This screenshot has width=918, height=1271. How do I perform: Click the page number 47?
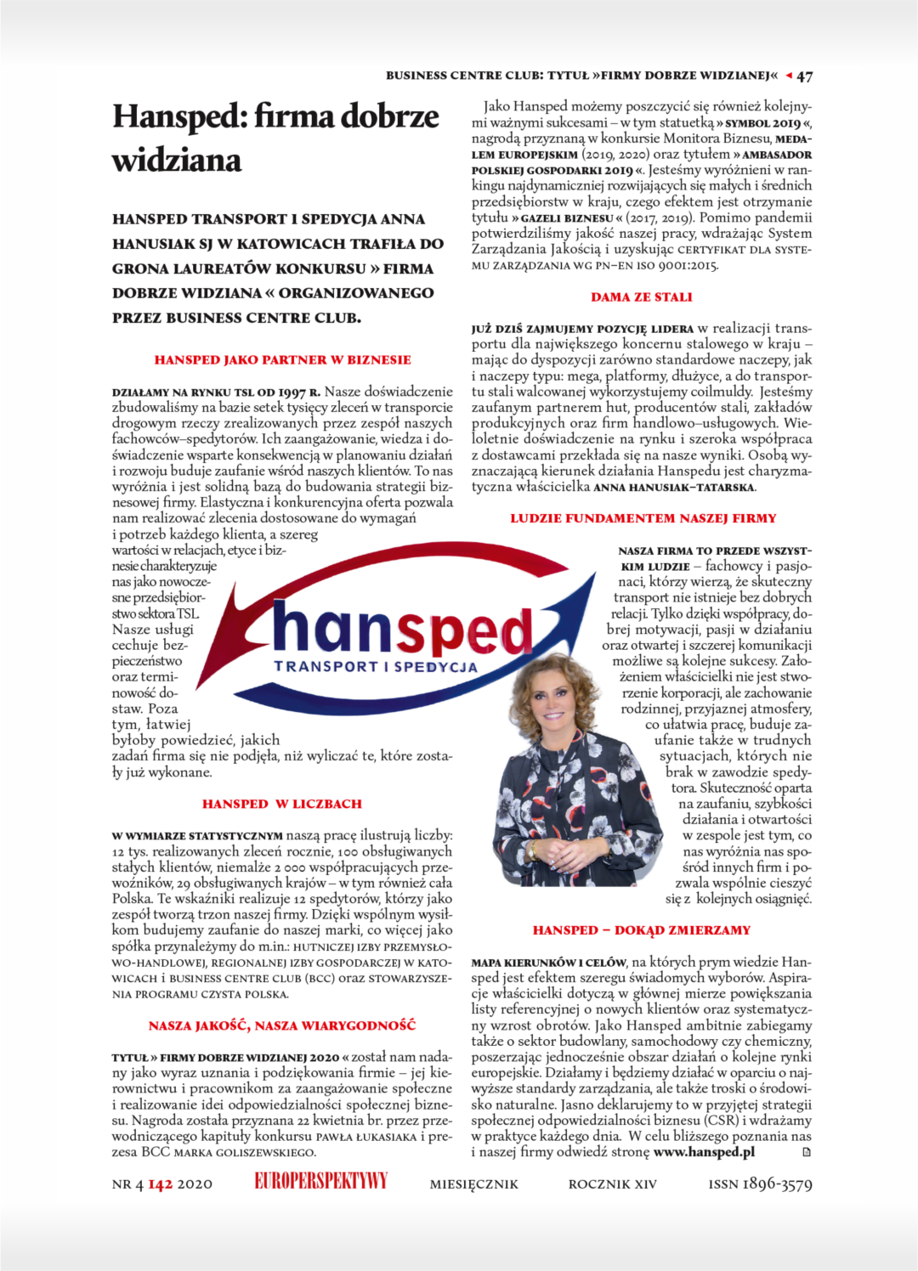tap(804, 76)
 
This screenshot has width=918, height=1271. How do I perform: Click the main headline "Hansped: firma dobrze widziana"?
tap(275, 138)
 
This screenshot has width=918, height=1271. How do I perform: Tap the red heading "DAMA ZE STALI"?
tap(642, 297)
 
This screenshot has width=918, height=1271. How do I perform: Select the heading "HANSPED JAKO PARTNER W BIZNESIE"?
tap(282, 360)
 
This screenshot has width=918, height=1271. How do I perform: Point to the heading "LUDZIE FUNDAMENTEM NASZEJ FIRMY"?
tap(643, 518)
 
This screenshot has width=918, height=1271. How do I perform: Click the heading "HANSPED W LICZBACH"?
tap(282, 804)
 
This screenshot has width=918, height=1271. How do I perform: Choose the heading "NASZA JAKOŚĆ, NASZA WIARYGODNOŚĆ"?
tap(282, 1026)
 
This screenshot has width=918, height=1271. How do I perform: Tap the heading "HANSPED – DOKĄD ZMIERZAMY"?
tap(642, 930)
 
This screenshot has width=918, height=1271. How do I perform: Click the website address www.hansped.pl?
tap(704, 1152)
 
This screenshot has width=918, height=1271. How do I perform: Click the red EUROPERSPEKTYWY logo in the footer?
tap(320, 1181)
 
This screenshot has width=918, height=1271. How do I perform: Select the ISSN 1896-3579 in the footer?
tap(760, 1183)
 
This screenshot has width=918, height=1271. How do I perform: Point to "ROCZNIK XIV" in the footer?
tap(612, 1184)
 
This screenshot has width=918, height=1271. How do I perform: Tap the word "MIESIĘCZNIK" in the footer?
tap(473, 1184)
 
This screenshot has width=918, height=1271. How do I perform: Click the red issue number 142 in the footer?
tap(161, 1184)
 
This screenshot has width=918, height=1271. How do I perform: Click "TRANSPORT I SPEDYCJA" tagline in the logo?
tap(376, 667)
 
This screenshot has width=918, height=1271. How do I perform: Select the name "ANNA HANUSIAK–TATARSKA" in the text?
tap(674, 488)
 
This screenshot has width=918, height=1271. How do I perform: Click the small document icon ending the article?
tap(807, 1153)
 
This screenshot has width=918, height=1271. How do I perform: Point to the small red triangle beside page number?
tap(789, 76)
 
